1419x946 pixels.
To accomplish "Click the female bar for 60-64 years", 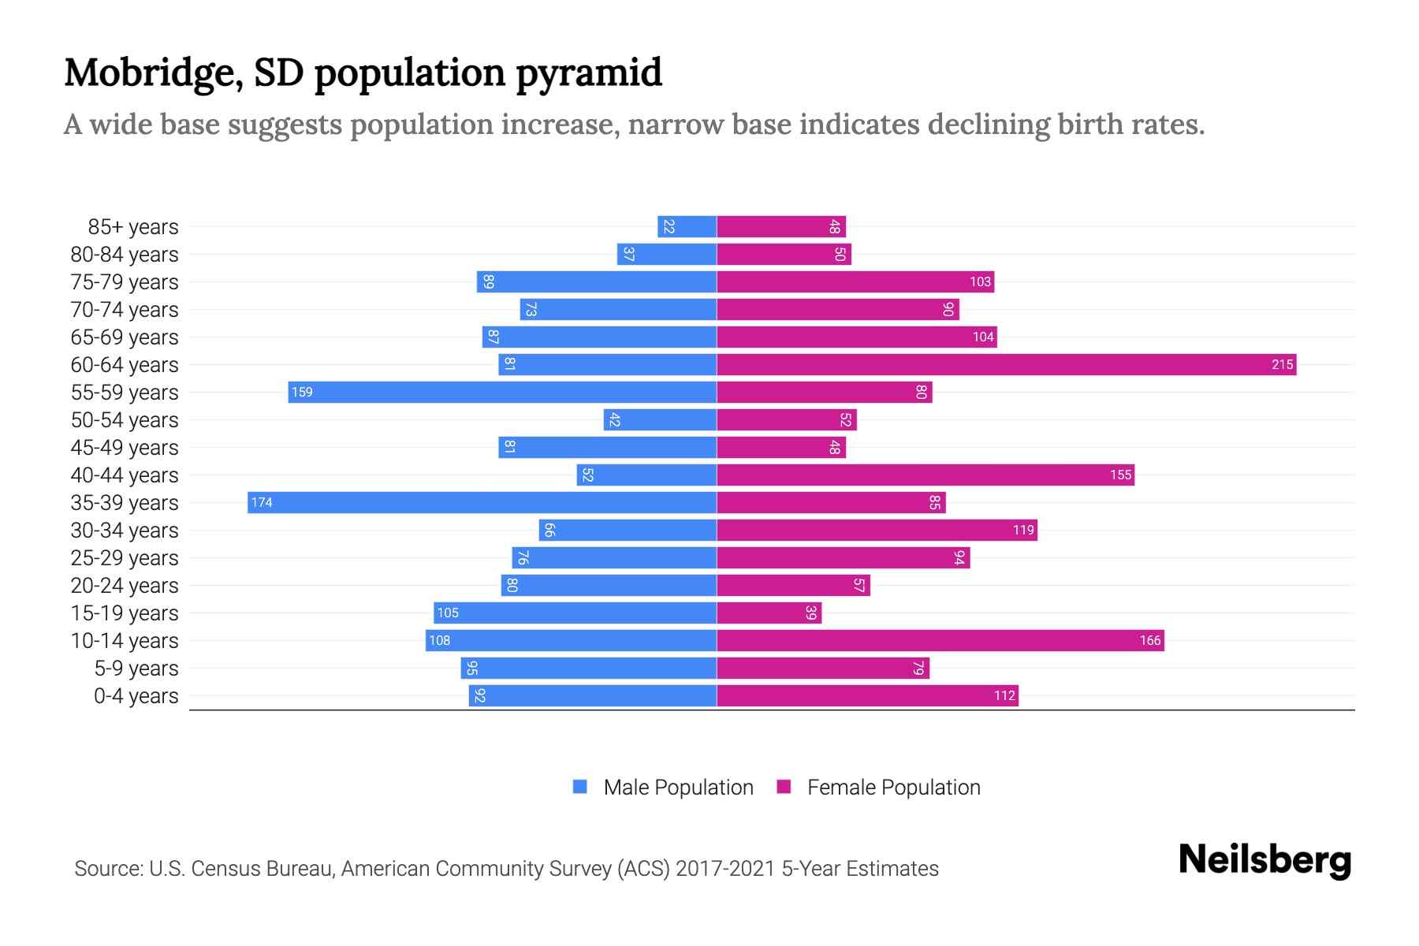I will pyautogui.click(x=1006, y=364).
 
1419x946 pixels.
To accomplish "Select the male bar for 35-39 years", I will pyautogui.click(x=482, y=502).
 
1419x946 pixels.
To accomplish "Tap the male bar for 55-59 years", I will pyautogui.click(x=502, y=392).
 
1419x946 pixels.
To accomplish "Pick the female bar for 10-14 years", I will pyautogui.click(x=940, y=640).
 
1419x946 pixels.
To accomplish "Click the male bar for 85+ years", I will pyautogui.click(x=687, y=226).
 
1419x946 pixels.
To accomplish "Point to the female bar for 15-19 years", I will pyautogui.click(x=769, y=613).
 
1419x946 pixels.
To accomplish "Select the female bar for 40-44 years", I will pyautogui.click(x=925, y=475).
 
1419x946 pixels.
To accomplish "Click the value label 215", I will pyautogui.click(x=1282, y=364).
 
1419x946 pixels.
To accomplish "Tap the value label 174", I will pyautogui.click(x=262, y=502).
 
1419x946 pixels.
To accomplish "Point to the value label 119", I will pyautogui.click(x=1023, y=530).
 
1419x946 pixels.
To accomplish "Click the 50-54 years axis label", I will pyautogui.click(x=125, y=419).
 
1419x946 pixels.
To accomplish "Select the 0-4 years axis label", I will pyautogui.click(x=136, y=695).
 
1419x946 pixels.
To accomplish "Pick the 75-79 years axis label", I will pyautogui.click(x=125, y=281).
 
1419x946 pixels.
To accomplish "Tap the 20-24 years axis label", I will pyautogui.click(x=125, y=585).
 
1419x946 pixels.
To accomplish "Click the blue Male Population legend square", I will pyautogui.click(x=580, y=787).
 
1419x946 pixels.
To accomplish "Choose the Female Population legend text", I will pyautogui.click(x=893, y=787).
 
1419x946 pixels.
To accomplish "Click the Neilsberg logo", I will pyautogui.click(x=1264, y=860).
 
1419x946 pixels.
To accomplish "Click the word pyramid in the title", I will pyautogui.click(x=589, y=73).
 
